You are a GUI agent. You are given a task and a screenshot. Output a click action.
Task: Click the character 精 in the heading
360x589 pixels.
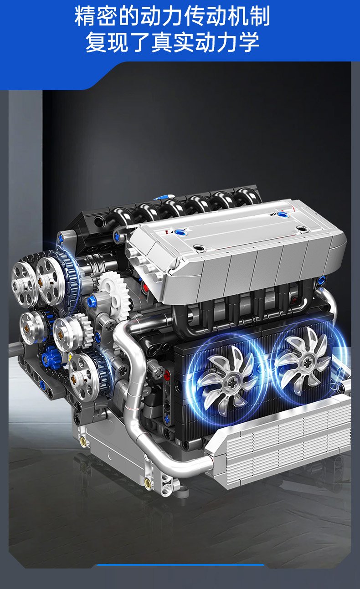point(85,16)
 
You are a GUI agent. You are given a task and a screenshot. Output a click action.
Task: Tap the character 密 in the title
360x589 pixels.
point(107,16)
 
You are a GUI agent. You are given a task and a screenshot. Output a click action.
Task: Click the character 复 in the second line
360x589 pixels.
point(96,42)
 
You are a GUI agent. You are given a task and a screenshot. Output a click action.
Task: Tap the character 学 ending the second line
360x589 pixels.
point(249,42)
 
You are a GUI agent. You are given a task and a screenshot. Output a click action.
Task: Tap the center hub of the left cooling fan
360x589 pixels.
point(231,384)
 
